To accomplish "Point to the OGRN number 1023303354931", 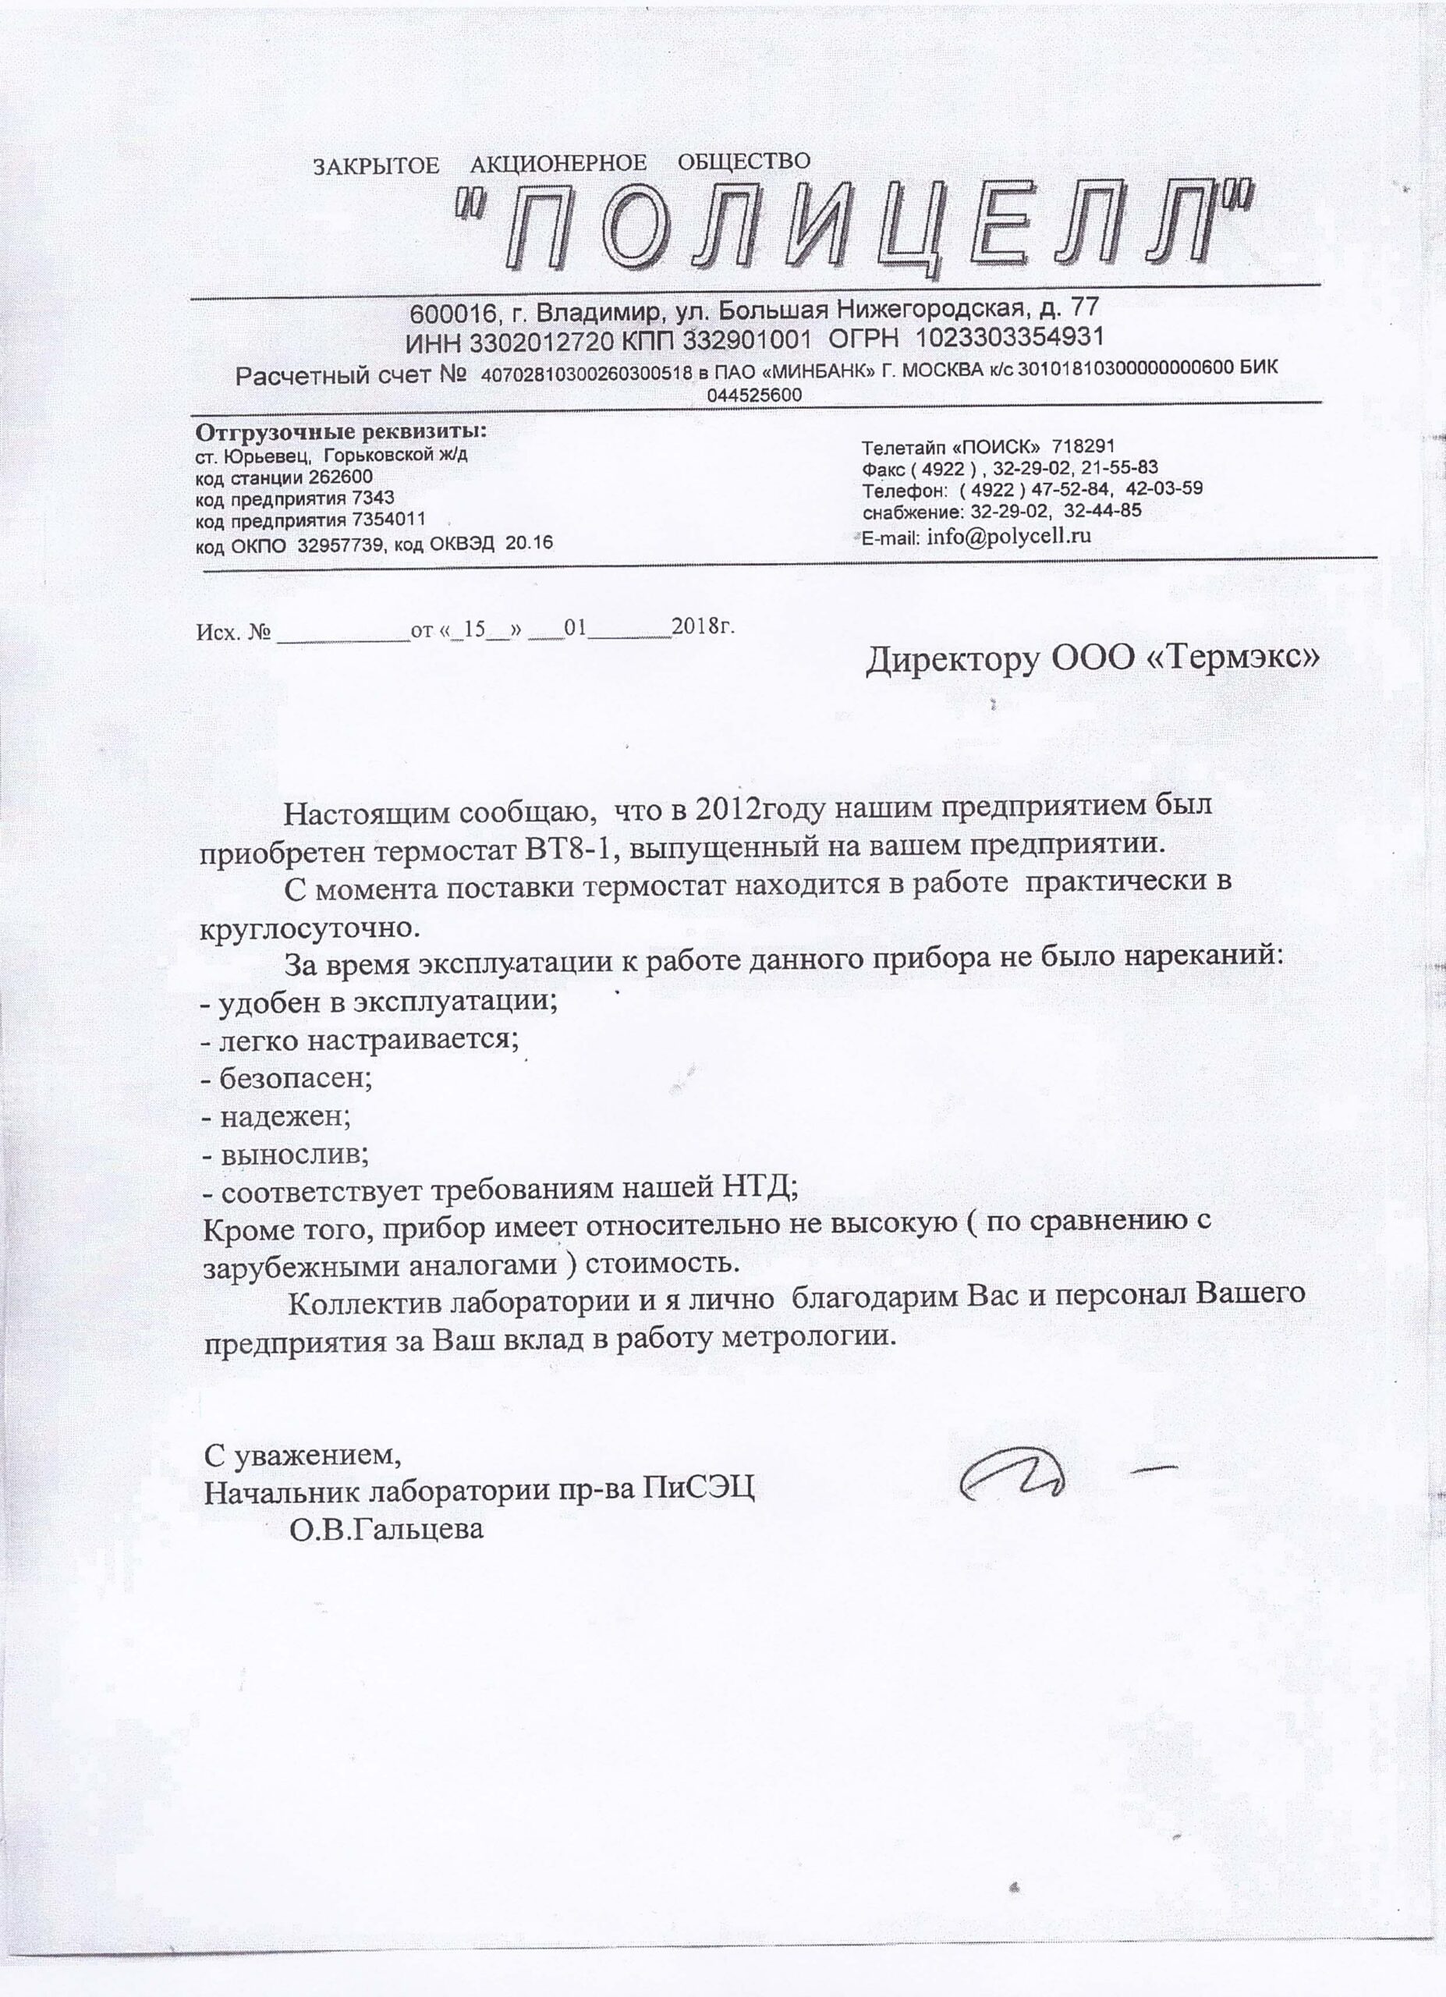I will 1009,337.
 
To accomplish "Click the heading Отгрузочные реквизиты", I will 341,433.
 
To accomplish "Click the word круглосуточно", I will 306,928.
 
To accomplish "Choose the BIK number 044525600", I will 754,395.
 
